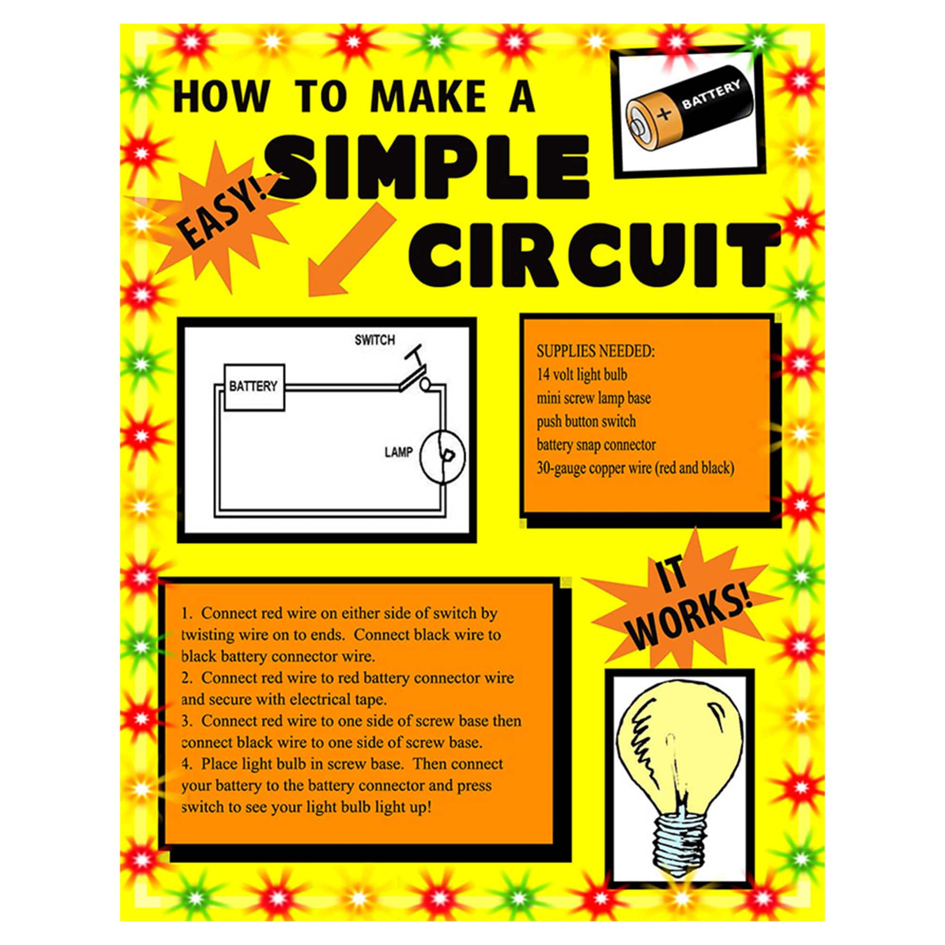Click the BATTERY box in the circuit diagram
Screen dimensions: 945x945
click(x=254, y=387)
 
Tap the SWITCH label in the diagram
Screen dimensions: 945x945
click(x=375, y=339)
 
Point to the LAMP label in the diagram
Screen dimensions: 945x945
click(x=398, y=453)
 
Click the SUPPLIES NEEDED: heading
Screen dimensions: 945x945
click(x=595, y=351)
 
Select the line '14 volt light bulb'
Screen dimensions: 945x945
click(x=582, y=375)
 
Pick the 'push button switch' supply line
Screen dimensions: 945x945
click(x=586, y=421)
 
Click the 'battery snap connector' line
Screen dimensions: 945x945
click(x=596, y=445)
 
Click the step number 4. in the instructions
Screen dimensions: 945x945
click(x=187, y=764)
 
